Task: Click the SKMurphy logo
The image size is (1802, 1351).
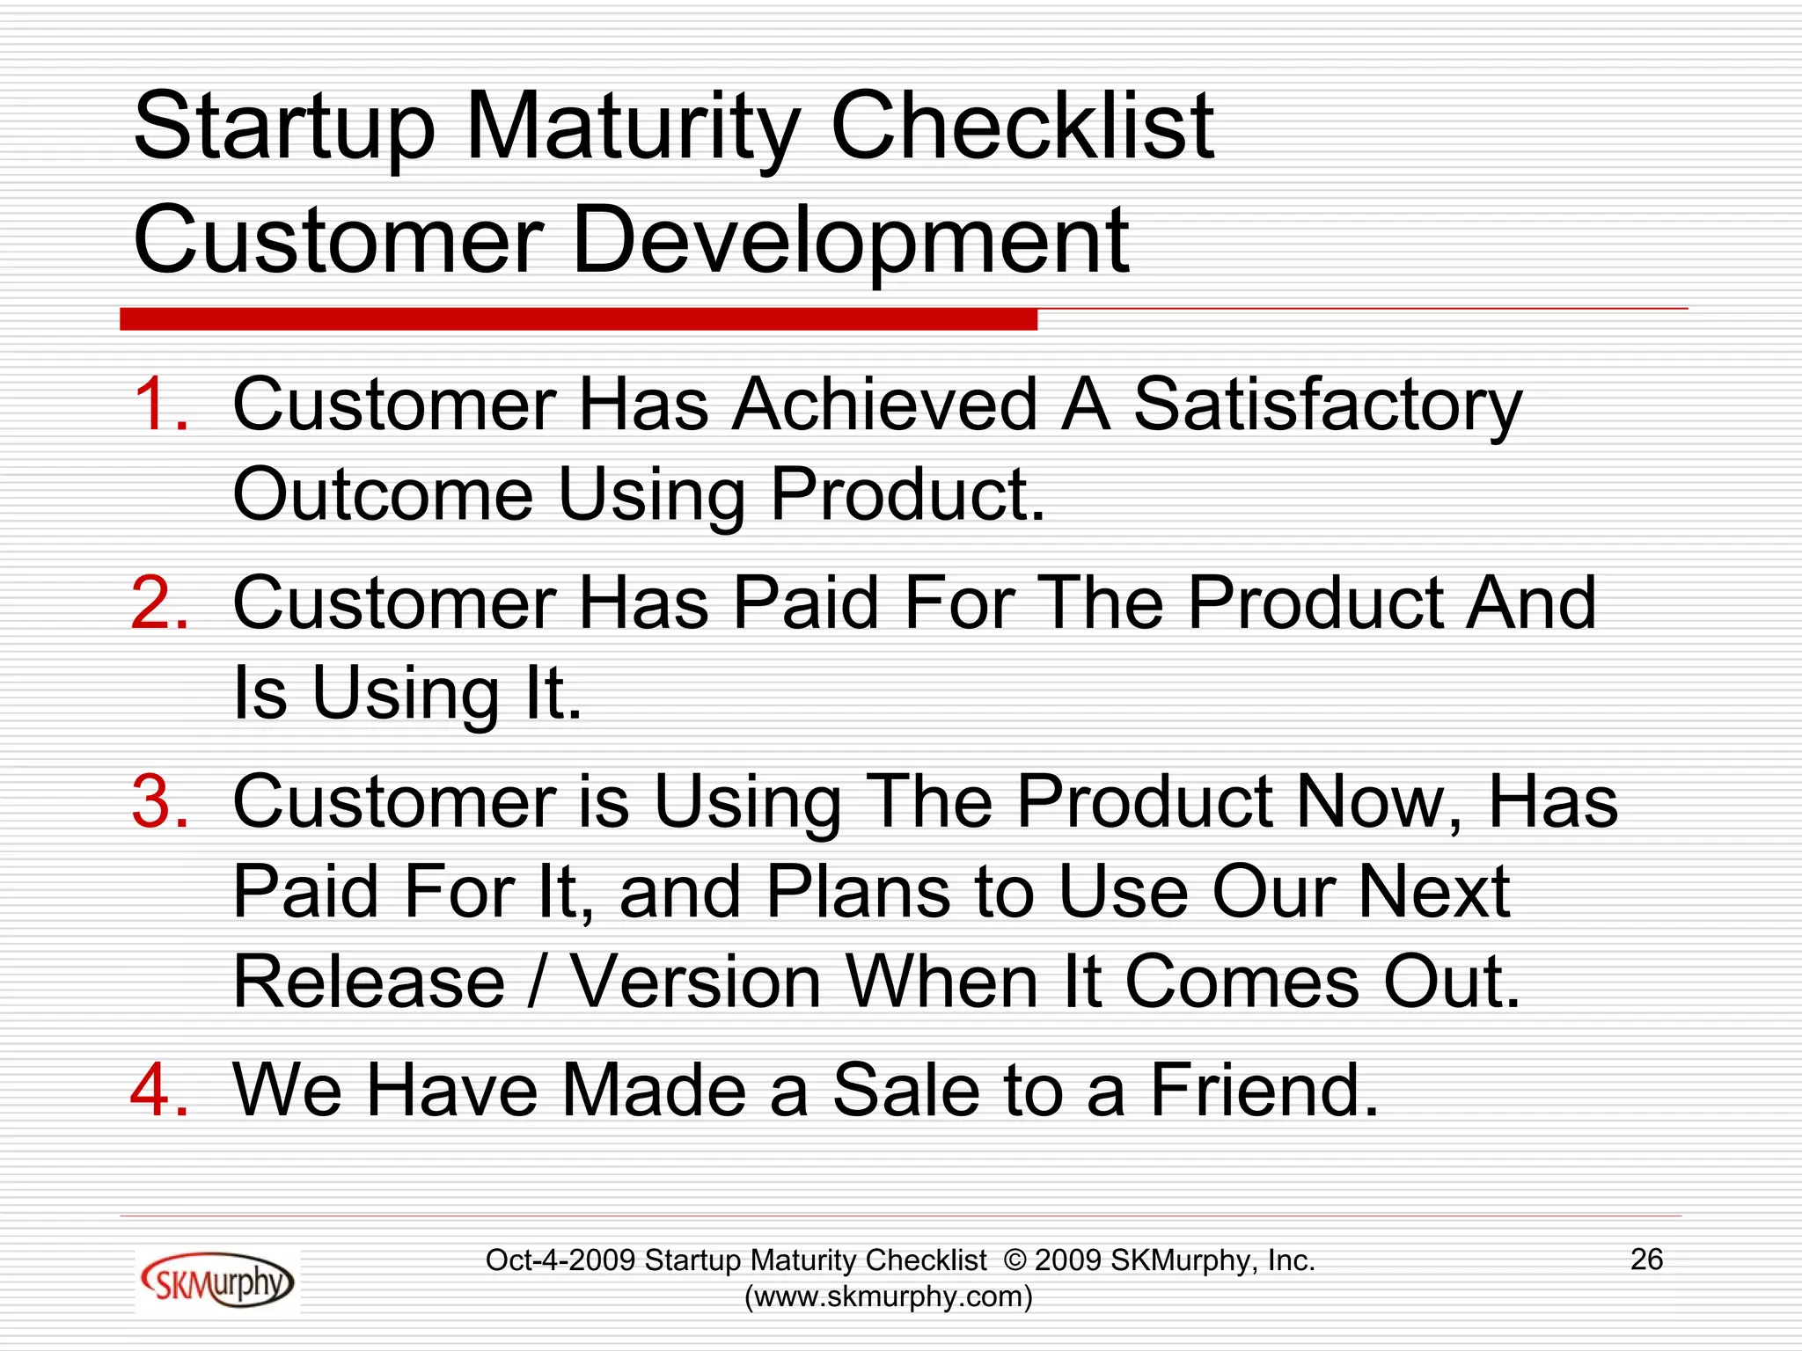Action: (x=216, y=1282)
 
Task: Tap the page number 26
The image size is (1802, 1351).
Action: (x=1646, y=1260)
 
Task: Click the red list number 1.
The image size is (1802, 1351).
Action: (x=158, y=405)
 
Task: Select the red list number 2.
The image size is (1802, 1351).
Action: (x=158, y=603)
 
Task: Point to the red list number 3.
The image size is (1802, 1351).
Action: (x=158, y=802)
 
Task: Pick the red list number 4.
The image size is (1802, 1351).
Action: (x=158, y=1091)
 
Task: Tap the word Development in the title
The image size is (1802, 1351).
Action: (x=850, y=240)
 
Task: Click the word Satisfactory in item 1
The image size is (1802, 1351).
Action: (x=1327, y=406)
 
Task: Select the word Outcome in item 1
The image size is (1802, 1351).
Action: (x=383, y=494)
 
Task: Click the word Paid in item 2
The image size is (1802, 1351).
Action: (x=805, y=603)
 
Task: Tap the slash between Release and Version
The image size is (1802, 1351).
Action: (x=538, y=982)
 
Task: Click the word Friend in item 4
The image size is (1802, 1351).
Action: (x=1264, y=1091)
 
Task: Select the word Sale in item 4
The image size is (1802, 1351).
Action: (x=905, y=1091)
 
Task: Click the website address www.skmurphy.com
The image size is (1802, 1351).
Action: (x=888, y=1296)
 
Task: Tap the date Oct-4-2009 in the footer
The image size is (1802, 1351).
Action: (x=560, y=1260)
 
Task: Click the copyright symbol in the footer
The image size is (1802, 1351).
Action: (x=1014, y=1260)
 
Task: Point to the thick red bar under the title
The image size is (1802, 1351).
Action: (x=578, y=319)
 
